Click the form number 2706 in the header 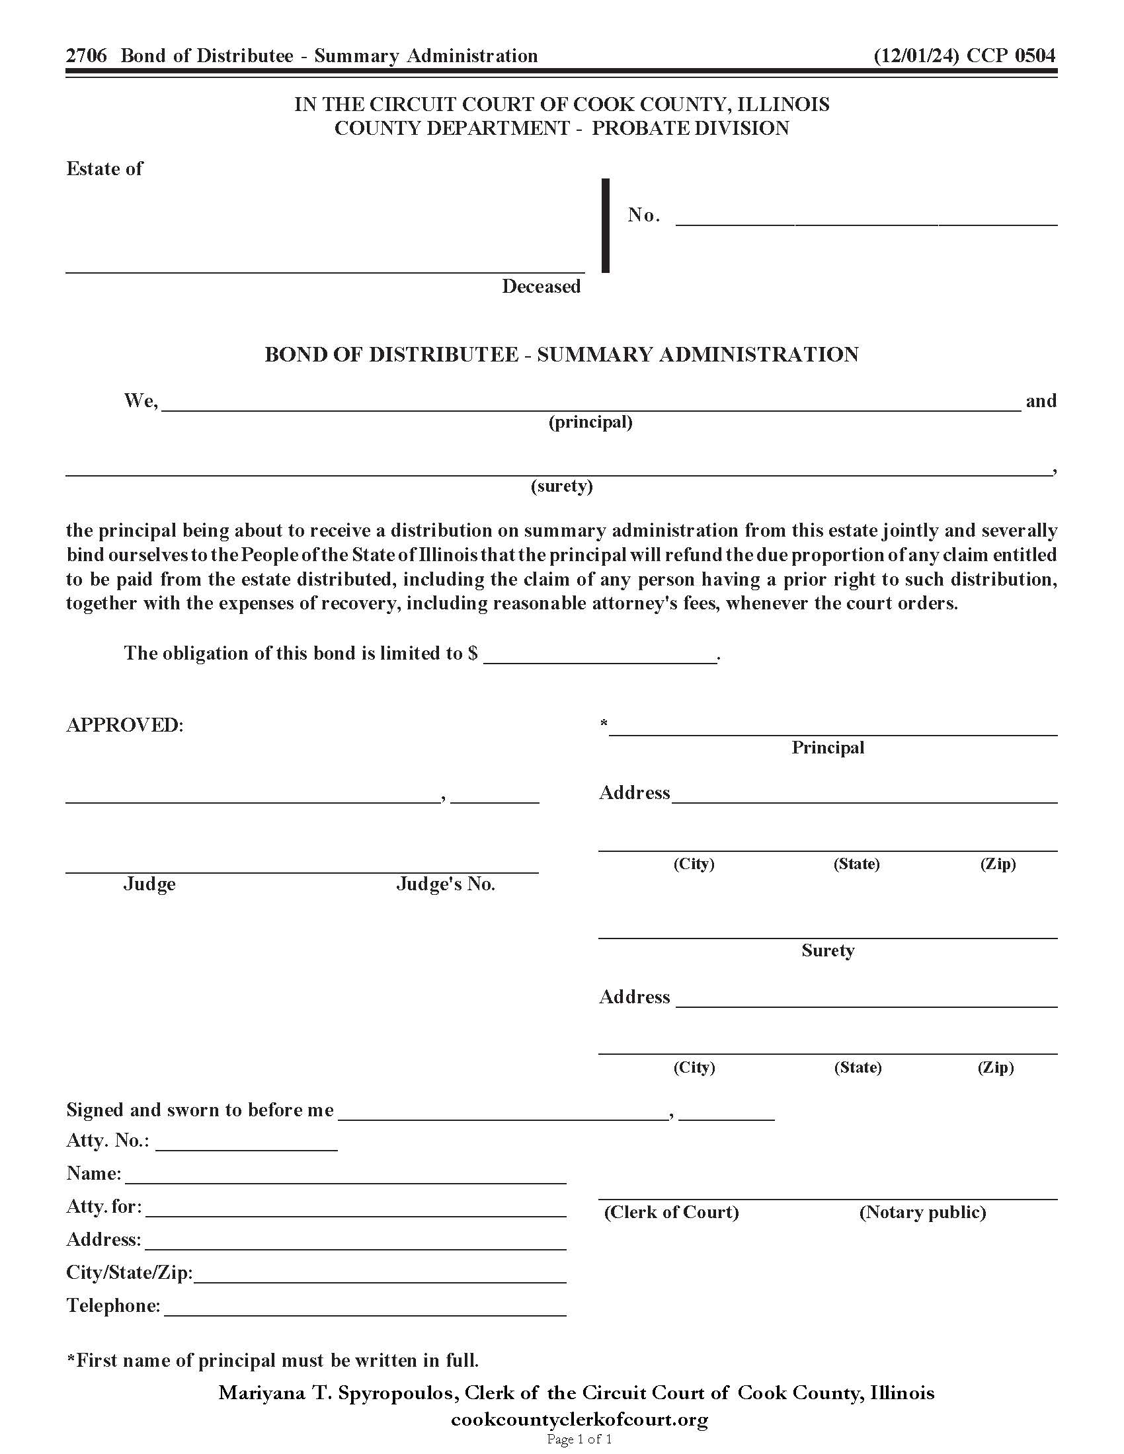[x=86, y=56]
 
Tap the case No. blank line [x=865, y=221]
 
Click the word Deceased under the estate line [x=541, y=286]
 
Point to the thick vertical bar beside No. [x=605, y=225]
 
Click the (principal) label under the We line [x=590, y=422]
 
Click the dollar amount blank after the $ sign [x=599, y=656]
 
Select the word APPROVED [x=124, y=725]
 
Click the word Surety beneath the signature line [x=828, y=950]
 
